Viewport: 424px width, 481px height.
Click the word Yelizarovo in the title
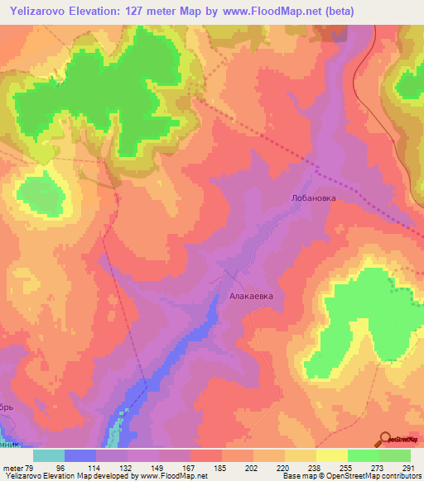pos(40,12)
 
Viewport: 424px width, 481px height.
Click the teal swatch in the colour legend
pos(49,455)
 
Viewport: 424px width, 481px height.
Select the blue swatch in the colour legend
pos(80,455)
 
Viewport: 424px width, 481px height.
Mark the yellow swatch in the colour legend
pos(331,455)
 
